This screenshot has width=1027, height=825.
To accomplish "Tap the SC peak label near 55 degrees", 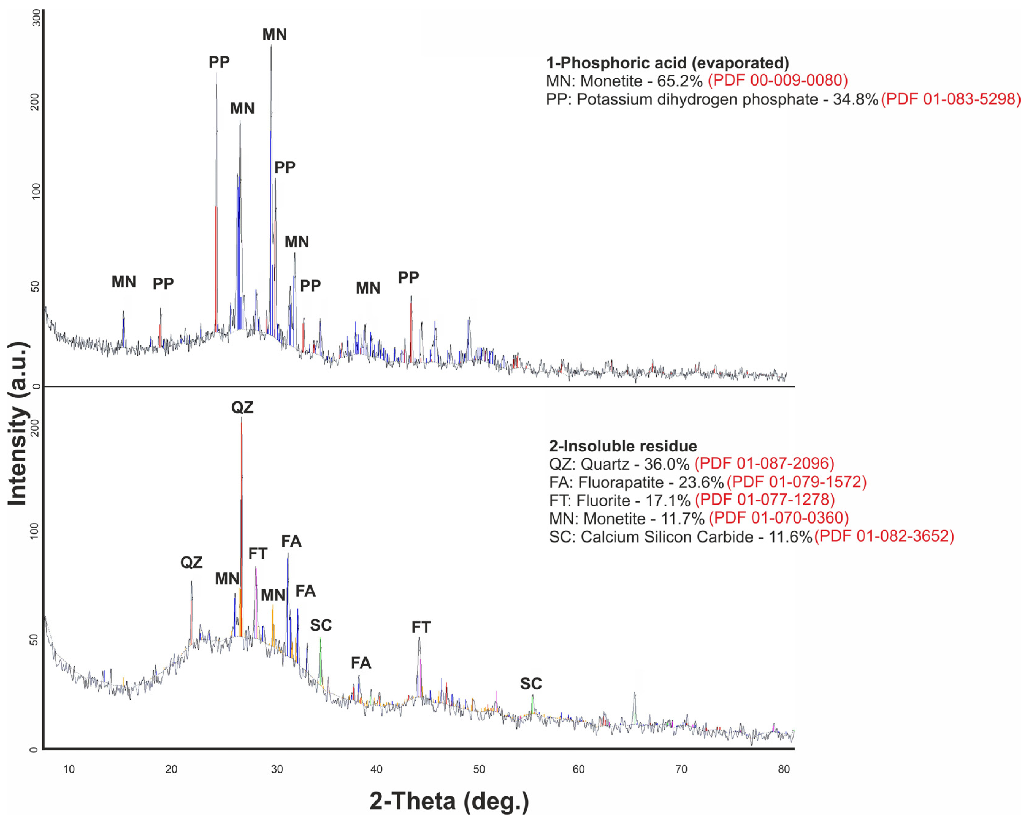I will point(531,684).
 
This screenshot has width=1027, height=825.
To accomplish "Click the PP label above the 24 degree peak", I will point(219,62).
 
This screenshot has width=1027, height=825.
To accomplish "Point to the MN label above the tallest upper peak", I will point(274,35).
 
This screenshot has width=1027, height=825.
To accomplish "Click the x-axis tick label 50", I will point(479,769).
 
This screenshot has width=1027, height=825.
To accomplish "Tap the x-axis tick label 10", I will point(69,769).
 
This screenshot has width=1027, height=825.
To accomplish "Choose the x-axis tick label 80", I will point(784,769).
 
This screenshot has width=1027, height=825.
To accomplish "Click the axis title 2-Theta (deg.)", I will point(449,802).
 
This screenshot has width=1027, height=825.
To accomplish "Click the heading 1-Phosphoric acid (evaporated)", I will point(667,63).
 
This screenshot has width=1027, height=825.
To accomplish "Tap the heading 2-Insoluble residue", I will point(623,446).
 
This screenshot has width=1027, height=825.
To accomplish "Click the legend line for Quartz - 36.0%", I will point(619,464).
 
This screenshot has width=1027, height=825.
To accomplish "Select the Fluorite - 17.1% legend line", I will point(619,501).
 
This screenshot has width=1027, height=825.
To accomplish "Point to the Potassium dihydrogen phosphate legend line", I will point(712,100).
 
